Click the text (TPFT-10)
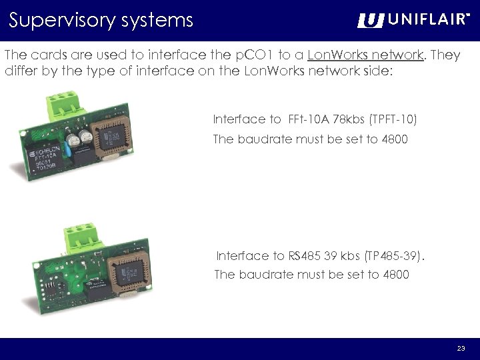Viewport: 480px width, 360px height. (x=393, y=120)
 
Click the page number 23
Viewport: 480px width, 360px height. (x=461, y=349)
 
